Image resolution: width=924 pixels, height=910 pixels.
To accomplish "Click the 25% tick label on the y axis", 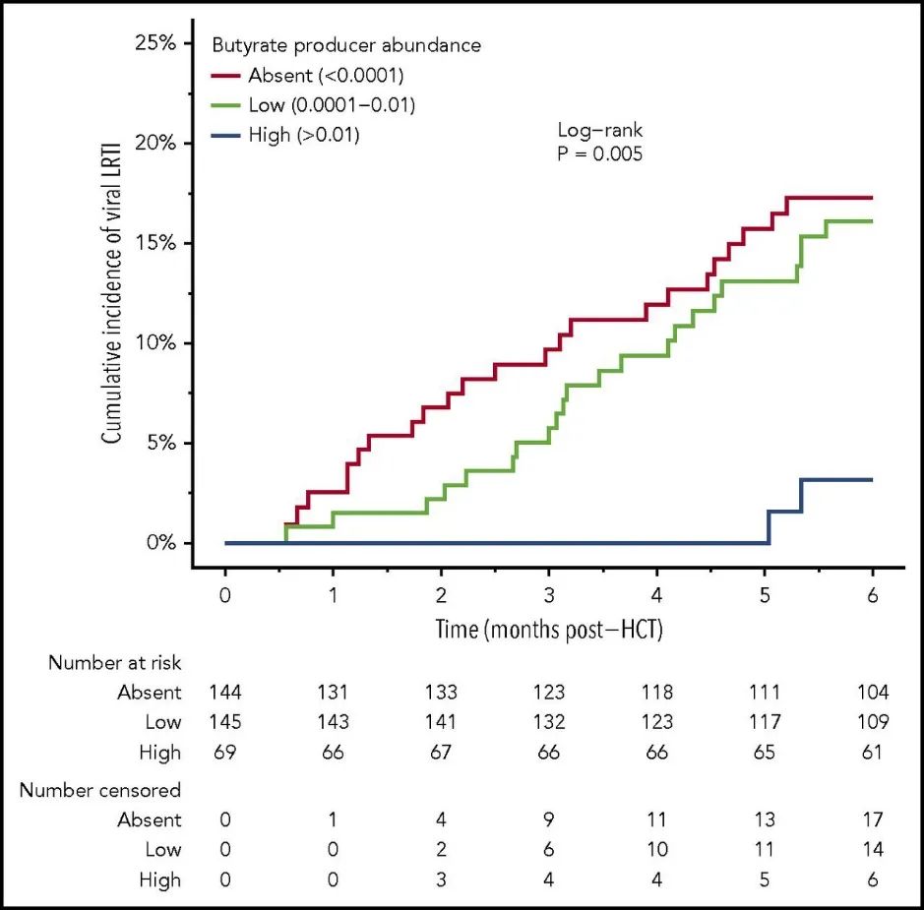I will point(154,44).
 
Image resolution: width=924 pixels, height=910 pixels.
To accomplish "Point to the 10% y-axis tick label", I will point(154,343).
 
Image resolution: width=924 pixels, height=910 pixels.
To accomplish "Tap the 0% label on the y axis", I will point(159,543).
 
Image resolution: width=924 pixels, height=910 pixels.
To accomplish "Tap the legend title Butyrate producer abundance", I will point(346,45).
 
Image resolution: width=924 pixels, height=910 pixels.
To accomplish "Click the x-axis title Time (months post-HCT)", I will point(549,630).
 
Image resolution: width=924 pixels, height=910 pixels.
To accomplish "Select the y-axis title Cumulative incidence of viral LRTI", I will point(113,292).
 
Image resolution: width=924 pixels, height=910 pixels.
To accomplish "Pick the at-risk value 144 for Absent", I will point(225,693).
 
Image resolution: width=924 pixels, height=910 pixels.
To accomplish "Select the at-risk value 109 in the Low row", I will point(872,722).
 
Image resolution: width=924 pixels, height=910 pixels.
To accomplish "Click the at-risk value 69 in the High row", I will point(225,753).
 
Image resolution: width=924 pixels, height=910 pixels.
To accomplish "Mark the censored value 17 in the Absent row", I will point(872,820).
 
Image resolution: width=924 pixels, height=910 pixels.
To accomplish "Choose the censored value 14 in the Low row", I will point(872,850).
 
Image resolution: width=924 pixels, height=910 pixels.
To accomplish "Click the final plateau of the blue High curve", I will point(837,480).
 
